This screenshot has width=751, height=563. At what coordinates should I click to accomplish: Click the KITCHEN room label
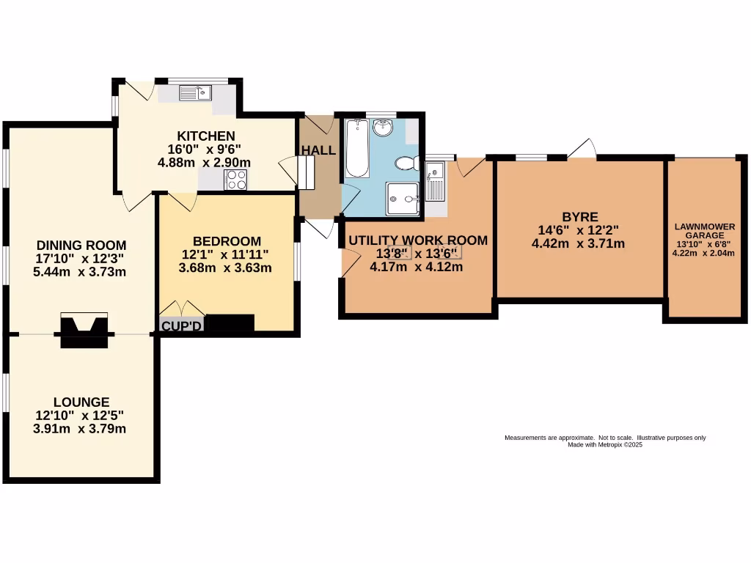(x=206, y=136)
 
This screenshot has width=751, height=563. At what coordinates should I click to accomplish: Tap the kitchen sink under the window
(x=196, y=92)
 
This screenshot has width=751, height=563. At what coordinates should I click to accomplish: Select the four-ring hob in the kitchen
(x=236, y=180)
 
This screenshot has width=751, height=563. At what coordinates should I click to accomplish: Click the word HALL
(x=318, y=150)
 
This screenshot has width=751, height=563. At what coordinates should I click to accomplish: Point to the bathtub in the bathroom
(x=356, y=150)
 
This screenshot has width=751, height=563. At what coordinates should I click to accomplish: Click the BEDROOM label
(x=227, y=241)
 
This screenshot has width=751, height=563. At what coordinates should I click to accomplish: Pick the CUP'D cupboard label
(x=181, y=325)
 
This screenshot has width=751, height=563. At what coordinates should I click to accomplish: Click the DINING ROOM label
(x=81, y=245)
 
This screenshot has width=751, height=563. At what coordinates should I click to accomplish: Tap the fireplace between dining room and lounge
(x=84, y=329)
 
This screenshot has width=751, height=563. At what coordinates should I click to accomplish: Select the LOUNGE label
(x=81, y=402)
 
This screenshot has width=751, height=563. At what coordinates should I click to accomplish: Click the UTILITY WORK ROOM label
(x=418, y=240)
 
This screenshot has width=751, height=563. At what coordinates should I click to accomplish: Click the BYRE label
(x=579, y=217)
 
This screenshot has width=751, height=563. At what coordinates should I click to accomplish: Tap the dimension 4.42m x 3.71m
(x=578, y=243)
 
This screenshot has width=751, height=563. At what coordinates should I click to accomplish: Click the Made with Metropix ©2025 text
(x=605, y=444)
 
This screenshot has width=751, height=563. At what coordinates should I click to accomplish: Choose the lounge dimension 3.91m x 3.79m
(x=80, y=428)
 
